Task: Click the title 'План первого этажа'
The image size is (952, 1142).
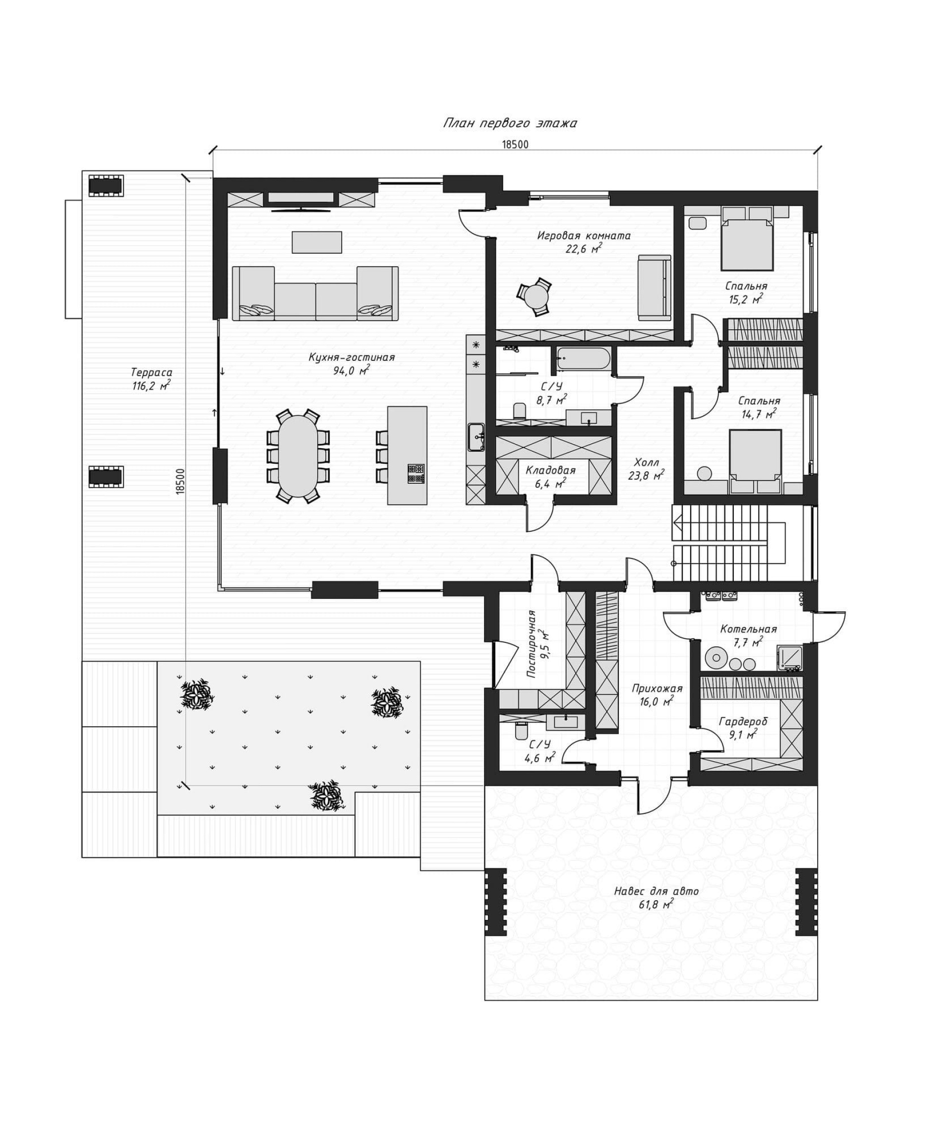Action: tap(510, 123)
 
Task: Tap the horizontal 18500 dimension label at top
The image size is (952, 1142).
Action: tap(515, 144)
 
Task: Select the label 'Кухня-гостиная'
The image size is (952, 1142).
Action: tap(352, 357)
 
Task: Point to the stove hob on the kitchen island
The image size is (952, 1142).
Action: tap(416, 473)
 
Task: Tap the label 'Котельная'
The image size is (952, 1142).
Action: tap(748, 629)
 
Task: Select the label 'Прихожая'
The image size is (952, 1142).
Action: tap(656, 688)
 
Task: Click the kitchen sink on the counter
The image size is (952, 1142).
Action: tap(476, 437)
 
